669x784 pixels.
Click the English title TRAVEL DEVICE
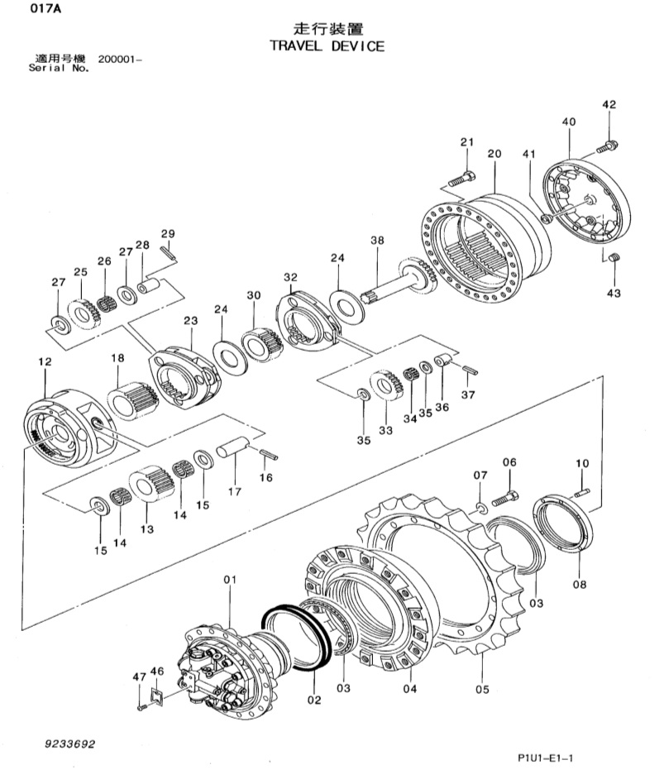(327, 46)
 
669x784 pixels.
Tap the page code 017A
(45, 8)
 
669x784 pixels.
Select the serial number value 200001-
(120, 60)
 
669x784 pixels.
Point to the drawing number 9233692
(70, 744)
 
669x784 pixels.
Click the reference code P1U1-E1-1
(546, 758)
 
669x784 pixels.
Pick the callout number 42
(609, 104)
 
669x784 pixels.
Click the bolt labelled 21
(462, 179)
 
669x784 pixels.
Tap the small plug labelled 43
(614, 257)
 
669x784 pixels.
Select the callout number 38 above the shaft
(377, 240)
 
